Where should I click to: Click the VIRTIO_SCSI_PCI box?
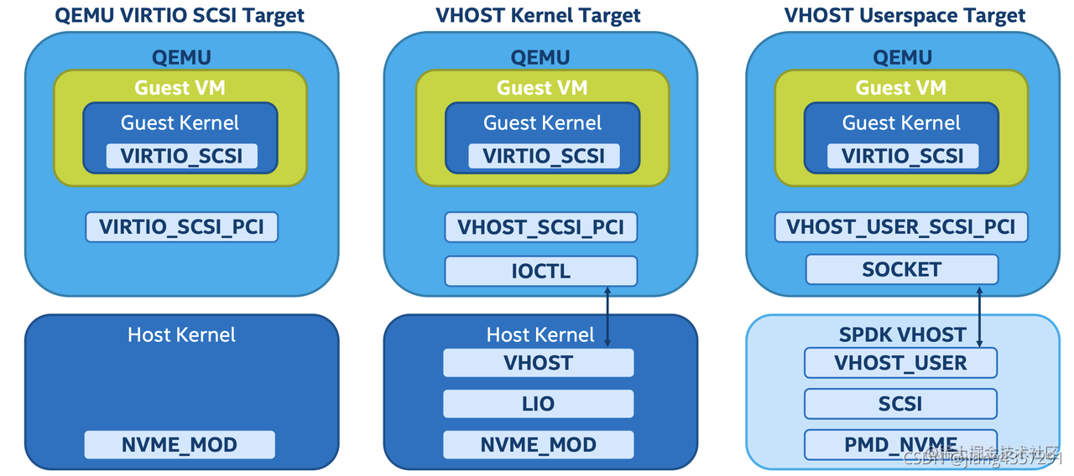(x=181, y=227)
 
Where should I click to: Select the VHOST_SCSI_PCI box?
(x=540, y=227)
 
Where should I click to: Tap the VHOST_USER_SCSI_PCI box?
(x=901, y=227)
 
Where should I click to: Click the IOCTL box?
(x=540, y=271)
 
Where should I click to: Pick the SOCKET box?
(x=901, y=270)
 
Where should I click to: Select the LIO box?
(x=538, y=404)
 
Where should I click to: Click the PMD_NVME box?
(x=900, y=444)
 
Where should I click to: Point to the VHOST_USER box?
(x=900, y=363)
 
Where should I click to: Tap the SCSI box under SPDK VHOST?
(x=900, y=404)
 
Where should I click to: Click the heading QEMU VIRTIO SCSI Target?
(x=180, y=15)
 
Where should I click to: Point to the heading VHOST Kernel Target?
(x=538, y=15)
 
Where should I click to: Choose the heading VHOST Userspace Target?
(x=905, y=15)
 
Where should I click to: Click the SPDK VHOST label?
(x=902, y=334)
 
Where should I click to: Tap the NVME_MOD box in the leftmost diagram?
(x=180, y=444)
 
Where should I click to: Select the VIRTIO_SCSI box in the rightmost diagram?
(x=902, y=156)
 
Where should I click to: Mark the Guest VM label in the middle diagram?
(x=542, y=87)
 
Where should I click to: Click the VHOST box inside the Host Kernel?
(x=538, y=363)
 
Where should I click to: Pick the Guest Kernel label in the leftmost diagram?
(x=180, y=122)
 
